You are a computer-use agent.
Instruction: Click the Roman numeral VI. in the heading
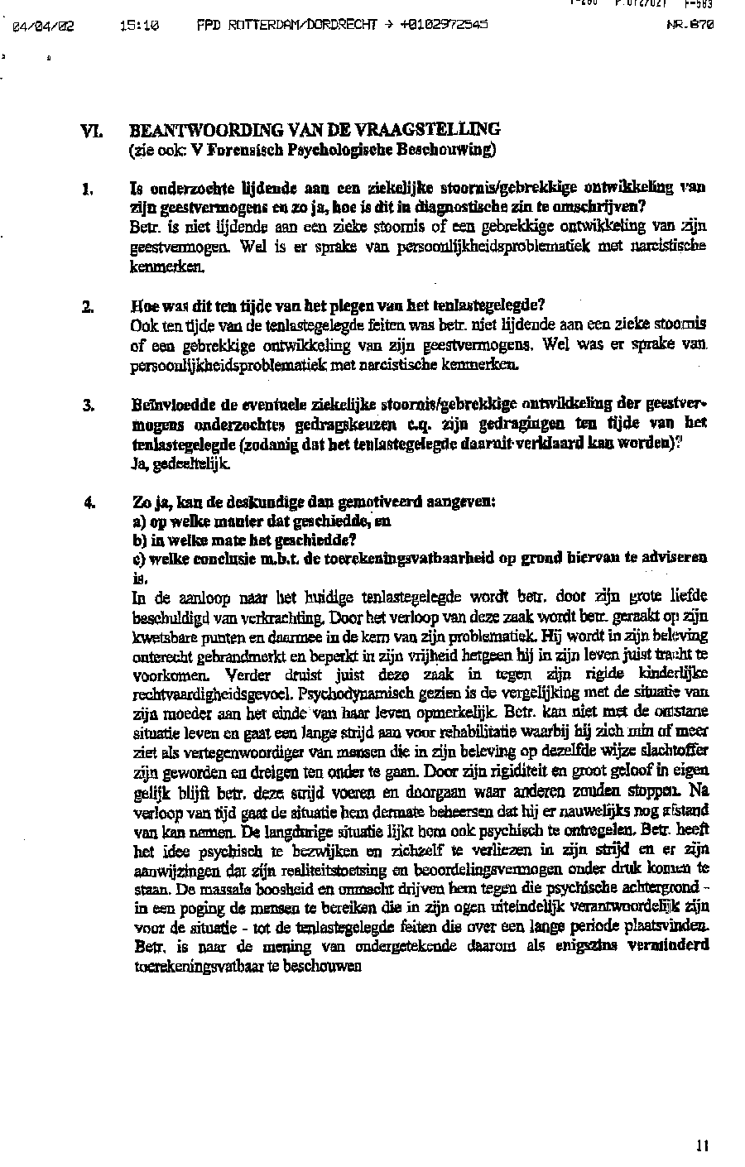coord(90,131)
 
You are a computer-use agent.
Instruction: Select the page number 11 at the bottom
coord(702,1146)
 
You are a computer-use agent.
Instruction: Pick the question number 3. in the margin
coord(88,406)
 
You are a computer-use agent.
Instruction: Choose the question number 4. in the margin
coord(88,502)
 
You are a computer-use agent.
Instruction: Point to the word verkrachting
coord(289,617)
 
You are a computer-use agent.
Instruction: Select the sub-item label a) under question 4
coord(139,521)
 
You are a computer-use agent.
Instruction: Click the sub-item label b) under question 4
coord(139,540)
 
